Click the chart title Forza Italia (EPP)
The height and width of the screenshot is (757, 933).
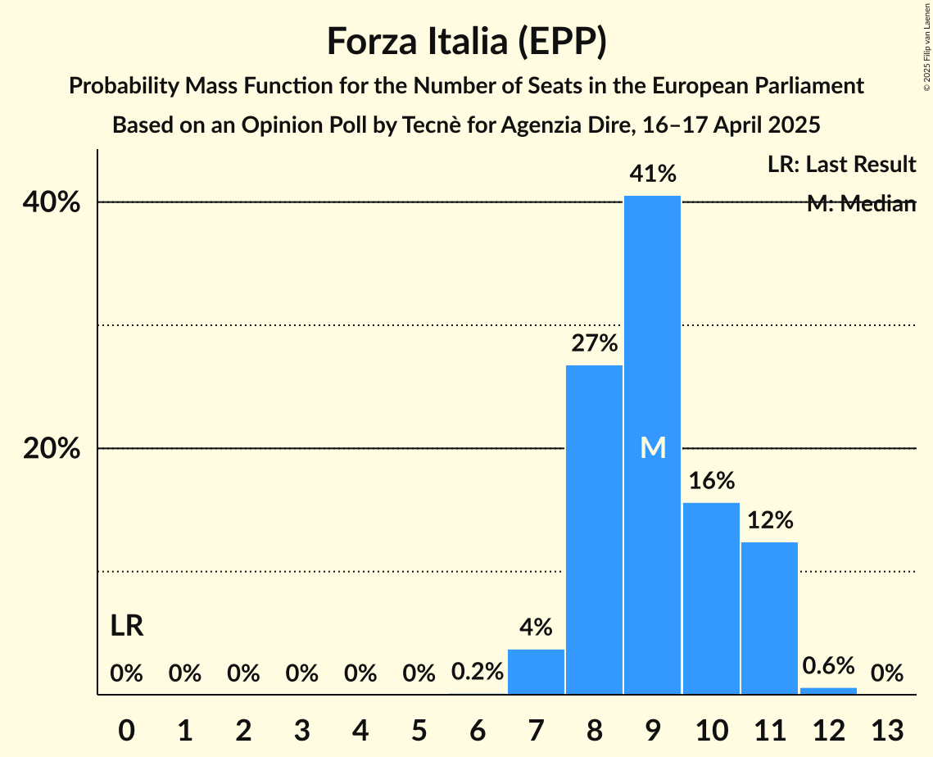(x=466, y=41)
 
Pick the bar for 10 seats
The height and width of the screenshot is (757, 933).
(x=711, y=598)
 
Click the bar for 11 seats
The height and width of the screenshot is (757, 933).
(x=769, y=618)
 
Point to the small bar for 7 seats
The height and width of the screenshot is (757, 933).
(x=536, y=672)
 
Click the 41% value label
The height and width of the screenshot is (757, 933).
(x=652, y=174)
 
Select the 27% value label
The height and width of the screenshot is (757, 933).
(x=594, y=343)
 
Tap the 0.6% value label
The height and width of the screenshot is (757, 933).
(x=828, y=665)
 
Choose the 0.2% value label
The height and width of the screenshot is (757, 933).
(x=477, y=673)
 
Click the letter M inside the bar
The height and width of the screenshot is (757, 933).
(x=652, y=447)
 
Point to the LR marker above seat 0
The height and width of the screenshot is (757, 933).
(x=127, y=627)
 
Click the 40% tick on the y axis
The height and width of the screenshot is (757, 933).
(x=57, y=202)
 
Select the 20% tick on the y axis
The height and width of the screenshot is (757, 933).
(x=57, y=449)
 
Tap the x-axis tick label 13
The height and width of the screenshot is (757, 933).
(x=886, y=729)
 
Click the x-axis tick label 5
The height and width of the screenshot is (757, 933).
(x=419, y=729)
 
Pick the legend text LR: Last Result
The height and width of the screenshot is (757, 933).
(x=841, y=165)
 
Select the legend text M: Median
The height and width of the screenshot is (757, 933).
(x=861, y=203)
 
